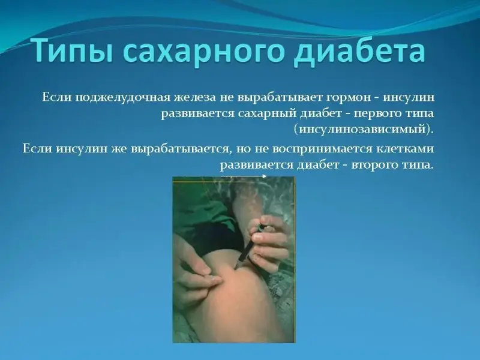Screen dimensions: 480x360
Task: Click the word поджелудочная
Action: coord(124,98)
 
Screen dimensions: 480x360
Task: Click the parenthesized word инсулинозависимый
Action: coord(363,129)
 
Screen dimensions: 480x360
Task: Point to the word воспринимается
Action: coord(322,149)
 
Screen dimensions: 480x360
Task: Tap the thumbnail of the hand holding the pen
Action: coord(259,237)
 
